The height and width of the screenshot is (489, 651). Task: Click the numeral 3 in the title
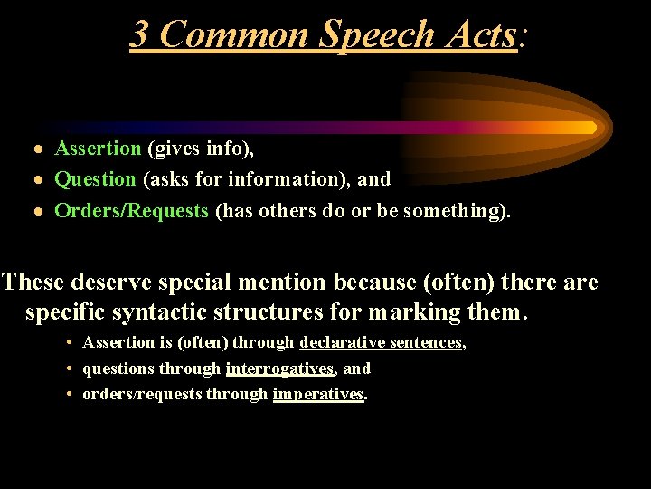click(140, 34)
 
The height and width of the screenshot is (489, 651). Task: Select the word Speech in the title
click(378, 34)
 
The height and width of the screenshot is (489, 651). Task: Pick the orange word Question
click(95, 179)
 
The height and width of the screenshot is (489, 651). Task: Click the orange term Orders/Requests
click(132, 211)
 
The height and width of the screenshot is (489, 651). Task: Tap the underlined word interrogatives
click(279, 369)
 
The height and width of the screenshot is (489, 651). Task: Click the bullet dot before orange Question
click(37, 180)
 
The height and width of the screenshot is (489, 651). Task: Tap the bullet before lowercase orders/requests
click(70, 394)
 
